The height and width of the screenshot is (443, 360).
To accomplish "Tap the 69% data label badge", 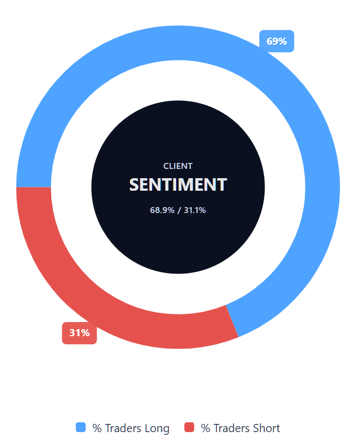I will click(x=277, y=41).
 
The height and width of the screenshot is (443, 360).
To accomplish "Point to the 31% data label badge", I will click(x=79, y=332).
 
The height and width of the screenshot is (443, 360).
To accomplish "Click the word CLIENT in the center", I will click(x=178, y=166).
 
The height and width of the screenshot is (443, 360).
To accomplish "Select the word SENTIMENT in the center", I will click(x=178, y=185).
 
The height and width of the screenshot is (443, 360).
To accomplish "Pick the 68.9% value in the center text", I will click(x=162, y=210).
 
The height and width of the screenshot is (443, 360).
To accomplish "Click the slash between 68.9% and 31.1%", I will click(x=178, y=210).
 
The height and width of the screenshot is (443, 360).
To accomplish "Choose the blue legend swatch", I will click(x=81, y=428).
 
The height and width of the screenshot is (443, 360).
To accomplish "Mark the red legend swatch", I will click(x=189, y=428).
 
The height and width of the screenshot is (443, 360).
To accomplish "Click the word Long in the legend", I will click(x=157, y=428).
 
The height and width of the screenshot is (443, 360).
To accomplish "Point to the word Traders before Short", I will click(x=232, y=428).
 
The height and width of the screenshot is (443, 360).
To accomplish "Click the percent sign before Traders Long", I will click(x=97, y=428).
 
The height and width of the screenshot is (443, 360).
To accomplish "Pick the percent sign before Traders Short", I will click(x=206, y=428).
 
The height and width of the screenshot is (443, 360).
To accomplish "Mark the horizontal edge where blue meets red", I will click(x=34, y=187).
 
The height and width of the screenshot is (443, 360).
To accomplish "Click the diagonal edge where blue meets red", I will click(x=232, y=321).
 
